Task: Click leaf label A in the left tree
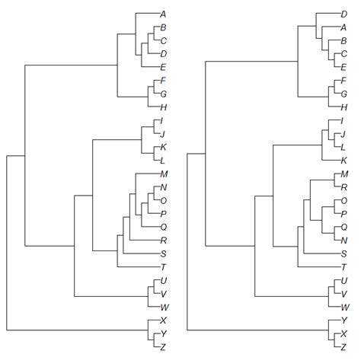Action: (164, 14)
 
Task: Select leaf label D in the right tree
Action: (344, 14)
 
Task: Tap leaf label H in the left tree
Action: (164, 107)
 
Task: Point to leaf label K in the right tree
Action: (344, 161)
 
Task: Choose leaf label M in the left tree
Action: (164, 174)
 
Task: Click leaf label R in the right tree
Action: (344, 187)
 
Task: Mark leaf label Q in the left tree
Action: (164, 227)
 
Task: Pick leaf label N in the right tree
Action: (344, 240)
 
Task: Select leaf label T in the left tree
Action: (164, 266)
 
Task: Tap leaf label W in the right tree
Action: (345, 306)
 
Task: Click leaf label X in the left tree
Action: (164, 320)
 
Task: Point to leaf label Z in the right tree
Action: (344, 346)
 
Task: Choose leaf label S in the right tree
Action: (344, 253)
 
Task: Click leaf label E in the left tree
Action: (164, 67)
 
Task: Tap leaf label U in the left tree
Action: (164, 280)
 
